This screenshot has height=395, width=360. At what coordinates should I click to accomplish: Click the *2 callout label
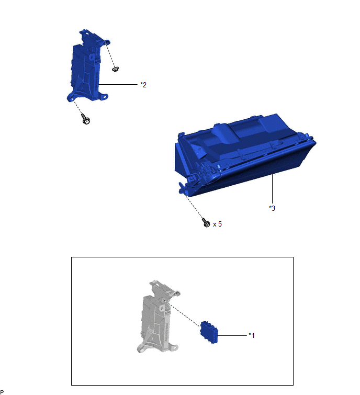pos(143,85)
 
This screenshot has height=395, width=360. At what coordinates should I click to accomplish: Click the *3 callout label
pos(272,208)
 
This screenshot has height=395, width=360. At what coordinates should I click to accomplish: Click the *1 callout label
pos(252,335)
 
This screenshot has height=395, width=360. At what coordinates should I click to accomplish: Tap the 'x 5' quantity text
pos(217,224)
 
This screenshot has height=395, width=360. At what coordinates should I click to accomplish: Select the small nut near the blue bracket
pos(116,69)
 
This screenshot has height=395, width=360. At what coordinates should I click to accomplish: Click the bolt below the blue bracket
pos(86,119)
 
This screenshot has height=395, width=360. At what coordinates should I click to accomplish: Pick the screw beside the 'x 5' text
pos(206,223)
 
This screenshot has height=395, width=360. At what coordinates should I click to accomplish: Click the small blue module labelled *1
pos(209,332)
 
